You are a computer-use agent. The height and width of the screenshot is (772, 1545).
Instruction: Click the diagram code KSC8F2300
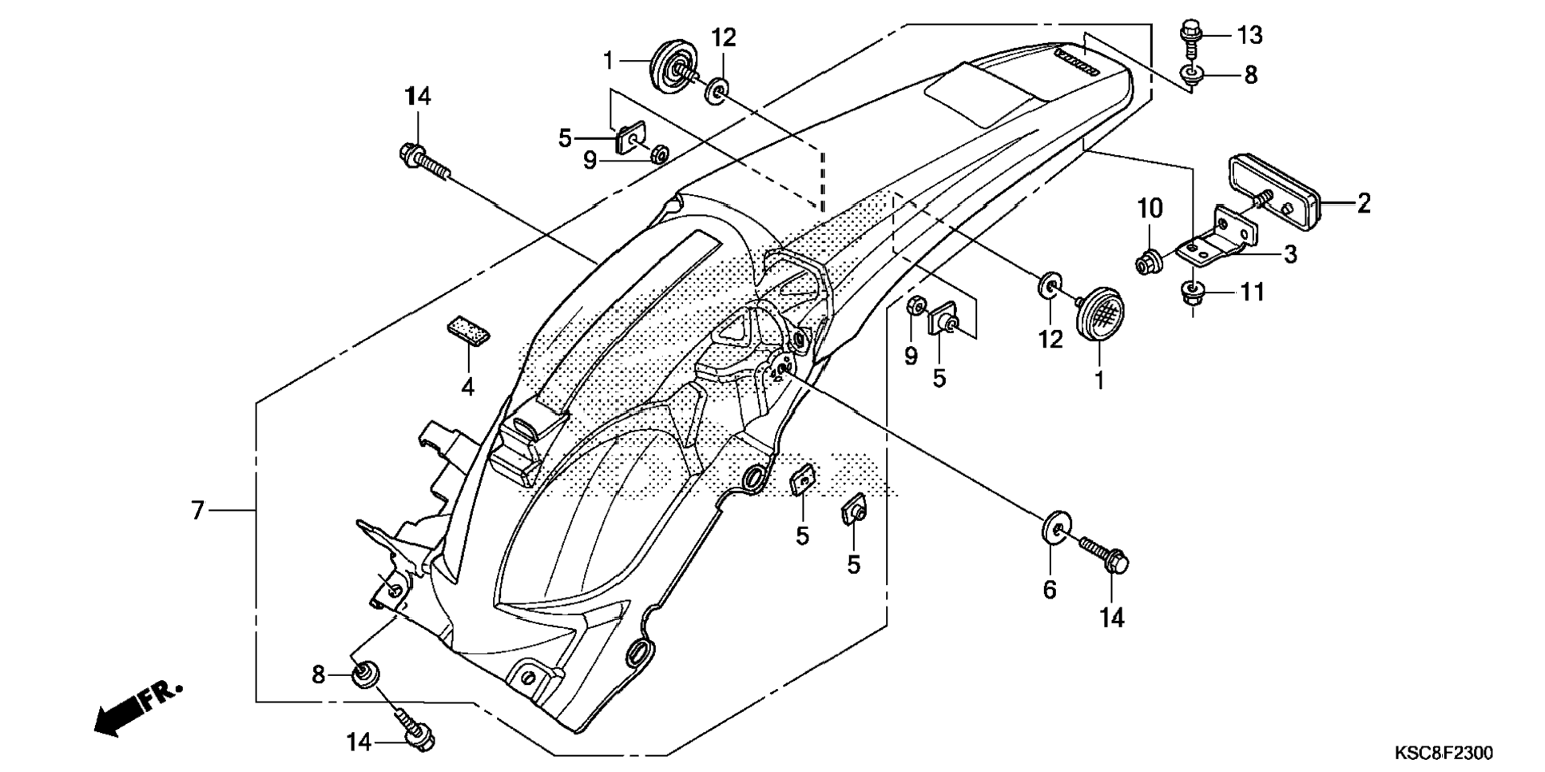[x=1443, y=753]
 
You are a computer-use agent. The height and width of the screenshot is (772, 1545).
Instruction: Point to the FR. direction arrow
[x=137, y=708]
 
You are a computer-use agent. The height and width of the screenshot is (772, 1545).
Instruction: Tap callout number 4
[x=467, y=388]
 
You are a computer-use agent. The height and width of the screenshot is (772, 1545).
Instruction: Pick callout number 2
[x=1363, y=204]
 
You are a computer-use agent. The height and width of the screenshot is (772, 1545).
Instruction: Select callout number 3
[x=1289, y=255]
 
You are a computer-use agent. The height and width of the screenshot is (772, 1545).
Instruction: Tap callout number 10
[x=1150, y=209]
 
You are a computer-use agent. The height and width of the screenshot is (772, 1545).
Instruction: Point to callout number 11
[x=1252, y=292]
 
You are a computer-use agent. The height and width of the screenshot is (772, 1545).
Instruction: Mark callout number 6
[x=1049, y=591]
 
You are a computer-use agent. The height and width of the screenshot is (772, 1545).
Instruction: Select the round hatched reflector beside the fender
[x=1101, y=315]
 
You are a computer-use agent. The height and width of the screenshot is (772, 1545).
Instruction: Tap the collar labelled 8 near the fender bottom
[x=365, y=674]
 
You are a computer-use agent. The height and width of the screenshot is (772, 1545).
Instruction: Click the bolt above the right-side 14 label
[x=1104, y=555]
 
